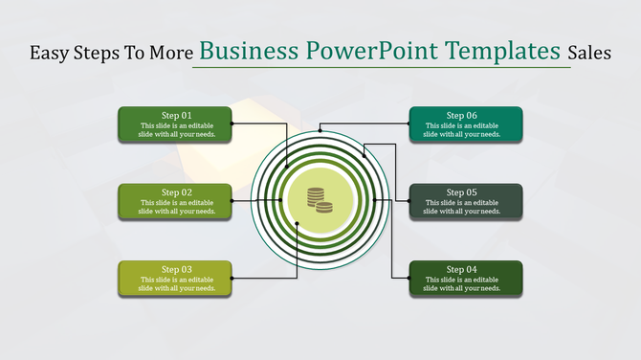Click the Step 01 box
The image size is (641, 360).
tap(175, 124)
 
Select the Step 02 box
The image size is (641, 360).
tap(175, 201)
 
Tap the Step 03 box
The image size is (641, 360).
tap(175, 278)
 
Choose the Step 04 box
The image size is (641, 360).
tap(466, 278)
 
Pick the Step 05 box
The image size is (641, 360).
tap(466, 201)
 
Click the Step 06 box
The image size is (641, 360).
tap(466, 124)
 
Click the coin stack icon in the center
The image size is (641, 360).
tap(320, 199)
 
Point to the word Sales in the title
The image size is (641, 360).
tap(588, 54)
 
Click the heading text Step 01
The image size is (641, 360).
tap(176, 116)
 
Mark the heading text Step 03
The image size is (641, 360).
tap(176, 269)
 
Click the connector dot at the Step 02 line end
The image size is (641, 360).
tap(232, 201)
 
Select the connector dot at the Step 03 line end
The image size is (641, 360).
tap(297, 225)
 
